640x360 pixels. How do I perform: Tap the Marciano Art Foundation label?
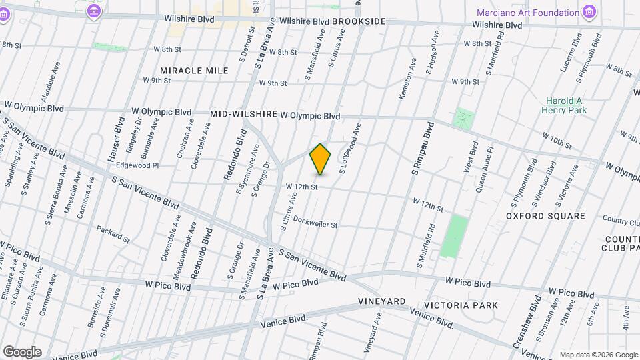tap(528, 13)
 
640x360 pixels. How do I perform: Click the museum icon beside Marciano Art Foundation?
tap(588, 12)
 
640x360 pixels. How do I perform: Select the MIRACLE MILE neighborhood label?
tap(194, 70)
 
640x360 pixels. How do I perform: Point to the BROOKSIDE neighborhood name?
tap(359, 21)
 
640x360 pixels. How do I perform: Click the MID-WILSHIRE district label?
tap(243, 114)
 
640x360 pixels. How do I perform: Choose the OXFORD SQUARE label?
tap(545, 216)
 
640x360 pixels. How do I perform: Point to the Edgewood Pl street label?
tap(137, 165)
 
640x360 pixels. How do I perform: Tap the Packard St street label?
tap(113, 234)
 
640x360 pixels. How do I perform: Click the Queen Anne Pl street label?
tap(485, 170)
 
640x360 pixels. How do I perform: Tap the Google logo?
tap(22, 352)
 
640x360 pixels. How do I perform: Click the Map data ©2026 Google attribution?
tap(598, 355)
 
